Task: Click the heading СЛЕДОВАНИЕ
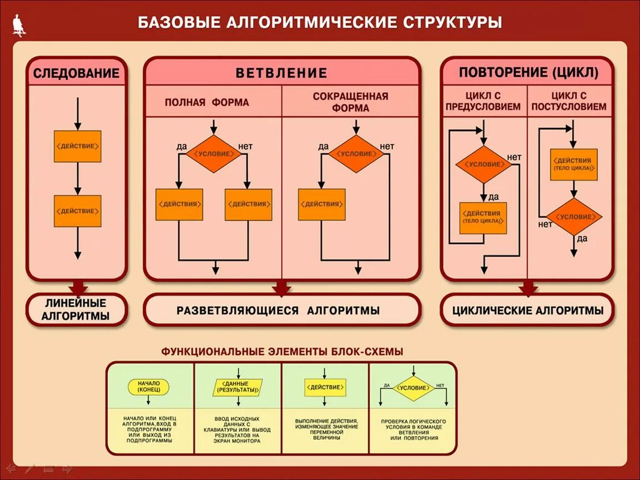[x=77, y=73]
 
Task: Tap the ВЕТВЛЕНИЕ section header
[x=281, y=73]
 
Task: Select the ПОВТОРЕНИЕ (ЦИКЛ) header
[x=528, y=73]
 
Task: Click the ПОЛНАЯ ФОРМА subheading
[x=207, y=103]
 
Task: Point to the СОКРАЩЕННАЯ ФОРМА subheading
[x=350, y=102]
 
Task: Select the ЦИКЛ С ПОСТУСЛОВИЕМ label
[x=569, y=101]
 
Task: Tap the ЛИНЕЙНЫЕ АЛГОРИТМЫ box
[x=77, y=310]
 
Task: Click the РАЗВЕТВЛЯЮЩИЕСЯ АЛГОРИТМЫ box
[x=281, y=310]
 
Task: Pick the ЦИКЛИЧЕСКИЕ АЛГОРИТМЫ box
[x=528, y=311]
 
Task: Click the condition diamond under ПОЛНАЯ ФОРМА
[x=213, y=154]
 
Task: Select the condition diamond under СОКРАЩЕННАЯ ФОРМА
[x=356, y=154]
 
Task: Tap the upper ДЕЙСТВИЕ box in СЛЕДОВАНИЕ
[x=78, y=146]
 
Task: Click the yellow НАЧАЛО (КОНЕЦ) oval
[x=148, y=387]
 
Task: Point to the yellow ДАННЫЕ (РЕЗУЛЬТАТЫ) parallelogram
[x=238, y=387]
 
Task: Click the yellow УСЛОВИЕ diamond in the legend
[x=414, y=387]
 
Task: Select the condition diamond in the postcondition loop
[x=574, y=217]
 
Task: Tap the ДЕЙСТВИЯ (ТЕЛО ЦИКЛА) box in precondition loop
[x=483, y=217]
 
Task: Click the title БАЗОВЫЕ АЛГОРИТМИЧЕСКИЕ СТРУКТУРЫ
[x=319, y=22]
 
